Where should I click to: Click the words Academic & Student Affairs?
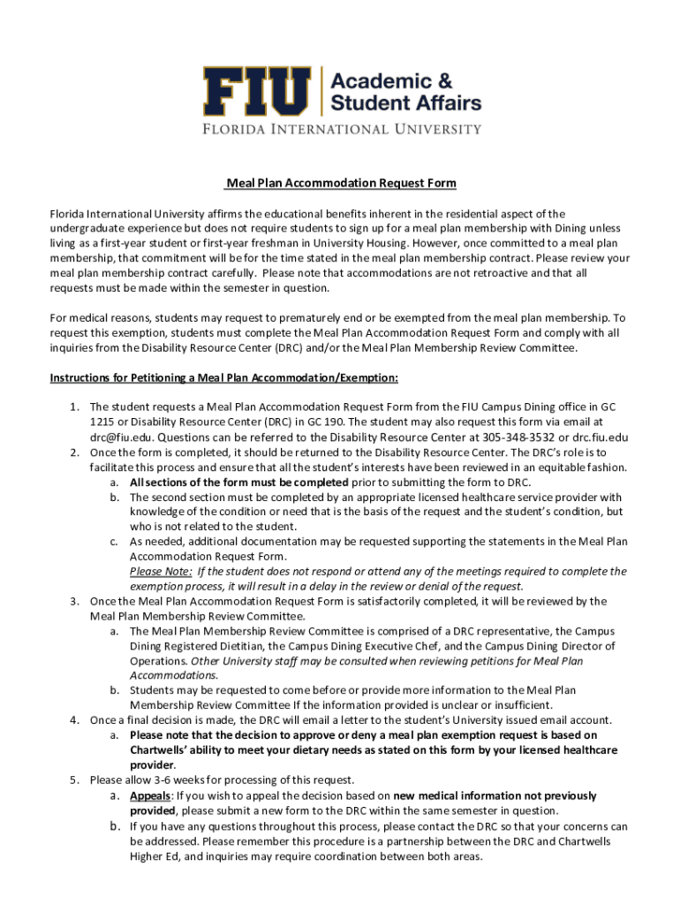(405, 91)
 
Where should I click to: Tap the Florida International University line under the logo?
(340, 128)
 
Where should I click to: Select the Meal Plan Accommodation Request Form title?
(340, 184)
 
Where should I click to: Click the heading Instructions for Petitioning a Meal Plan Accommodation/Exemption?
(224, 378)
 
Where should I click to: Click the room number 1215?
(102, 422)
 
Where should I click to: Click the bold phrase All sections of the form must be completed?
(239, 482)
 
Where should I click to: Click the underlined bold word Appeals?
(150, 795)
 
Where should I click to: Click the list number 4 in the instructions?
(75, 720)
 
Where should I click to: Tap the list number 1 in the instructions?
(75, 407)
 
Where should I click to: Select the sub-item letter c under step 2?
(115, 541)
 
